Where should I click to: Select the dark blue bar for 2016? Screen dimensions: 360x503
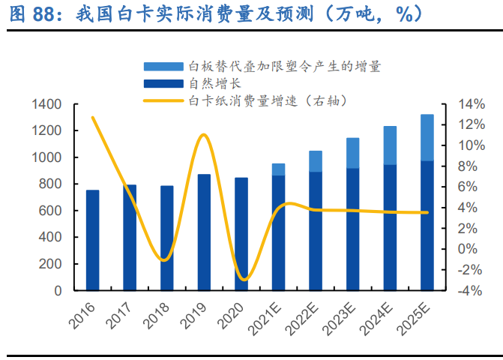[x=92, y=240]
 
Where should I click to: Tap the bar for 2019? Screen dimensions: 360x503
[x=204, y=232]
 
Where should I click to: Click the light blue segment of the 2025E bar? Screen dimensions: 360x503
[x=427, y=137]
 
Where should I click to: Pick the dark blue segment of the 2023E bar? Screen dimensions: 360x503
[x=352, y=229]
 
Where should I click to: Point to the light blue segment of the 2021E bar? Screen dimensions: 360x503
[x=278, y=169]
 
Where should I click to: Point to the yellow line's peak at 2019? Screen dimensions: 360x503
[x=203, y=135]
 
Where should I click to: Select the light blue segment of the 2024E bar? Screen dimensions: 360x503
[x=390, y=145]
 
